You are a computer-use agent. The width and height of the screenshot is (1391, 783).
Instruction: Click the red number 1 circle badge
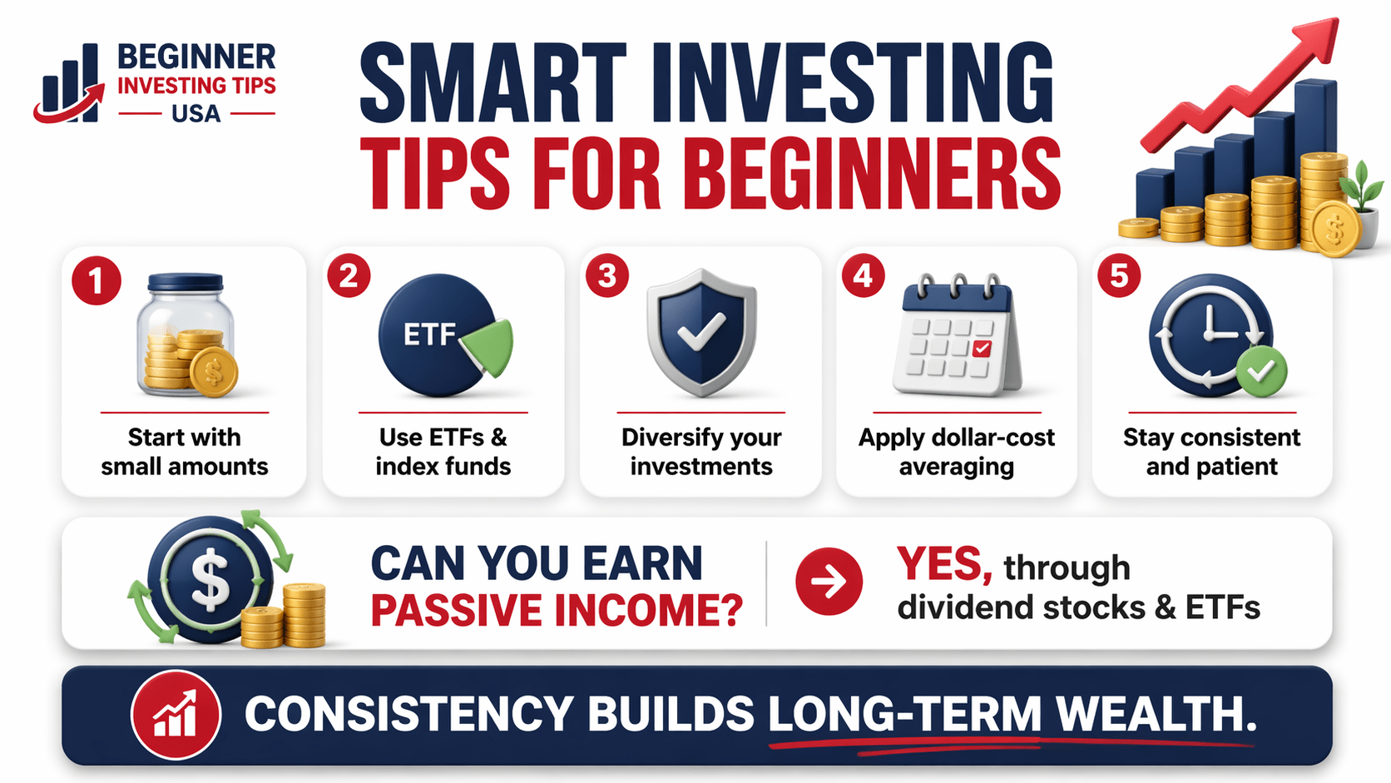pos(97,280)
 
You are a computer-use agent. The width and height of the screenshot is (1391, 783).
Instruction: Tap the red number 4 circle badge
pos(864,275)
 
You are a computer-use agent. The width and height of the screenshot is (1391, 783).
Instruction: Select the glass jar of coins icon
pos(185,335)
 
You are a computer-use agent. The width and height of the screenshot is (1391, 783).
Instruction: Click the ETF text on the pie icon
pos(429,335)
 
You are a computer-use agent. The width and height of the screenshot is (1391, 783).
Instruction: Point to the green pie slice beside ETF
pos(489,344)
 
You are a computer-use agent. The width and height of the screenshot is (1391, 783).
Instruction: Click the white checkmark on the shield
pos(700,331)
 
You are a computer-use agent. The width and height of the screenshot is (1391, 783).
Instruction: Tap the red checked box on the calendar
pos(982,348)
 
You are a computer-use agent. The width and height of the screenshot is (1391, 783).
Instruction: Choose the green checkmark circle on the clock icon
pos(1260,372)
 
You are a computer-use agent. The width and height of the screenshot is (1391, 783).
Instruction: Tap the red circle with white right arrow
pos(829,582)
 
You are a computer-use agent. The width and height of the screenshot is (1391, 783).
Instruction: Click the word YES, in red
pos(944,565)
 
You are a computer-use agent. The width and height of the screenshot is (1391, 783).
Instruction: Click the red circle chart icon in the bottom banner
pos(176,714)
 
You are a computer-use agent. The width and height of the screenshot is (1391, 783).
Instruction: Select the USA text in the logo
pos(196,113)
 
